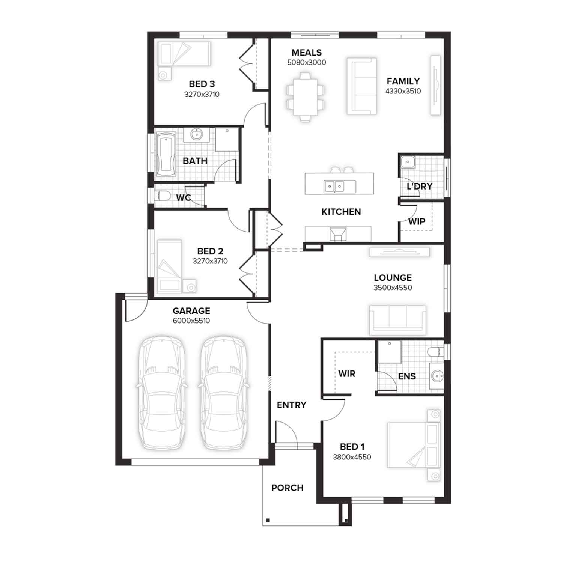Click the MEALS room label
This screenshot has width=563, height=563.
(307, 53)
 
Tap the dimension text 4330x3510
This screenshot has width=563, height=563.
(403, 91)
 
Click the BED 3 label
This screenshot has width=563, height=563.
(202, 84)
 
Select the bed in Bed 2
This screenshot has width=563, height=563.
(170, 266)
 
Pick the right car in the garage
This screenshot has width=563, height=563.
(224, 392)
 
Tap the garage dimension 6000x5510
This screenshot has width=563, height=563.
(191, 321)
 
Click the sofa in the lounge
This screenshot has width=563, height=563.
(398, 320)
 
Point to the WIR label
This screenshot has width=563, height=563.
(346, 374)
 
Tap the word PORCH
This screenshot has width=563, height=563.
(288, 488)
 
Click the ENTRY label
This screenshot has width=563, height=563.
(292, 405)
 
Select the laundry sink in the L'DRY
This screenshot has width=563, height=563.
(408, 163)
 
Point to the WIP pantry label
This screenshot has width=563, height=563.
(417, 221)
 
